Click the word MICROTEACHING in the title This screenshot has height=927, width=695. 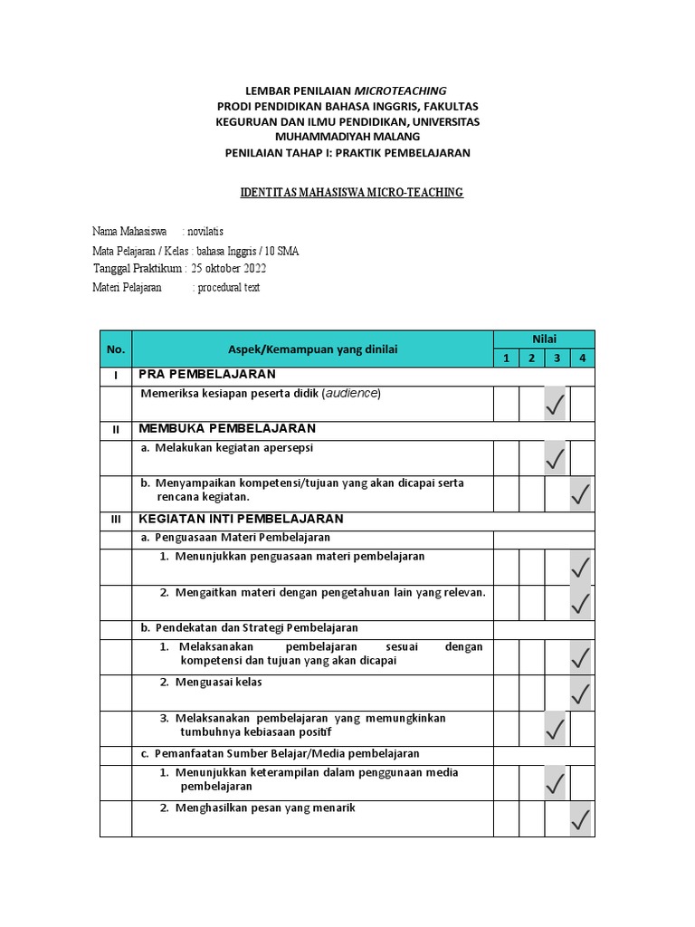(x=400, y=91)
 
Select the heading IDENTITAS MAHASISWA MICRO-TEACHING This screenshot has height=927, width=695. (x=351, y=193)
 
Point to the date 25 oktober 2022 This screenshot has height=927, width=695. (x=229, y=269)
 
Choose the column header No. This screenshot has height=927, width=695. (x=115, y=349)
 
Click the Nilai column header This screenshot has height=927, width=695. (x=544, y=339)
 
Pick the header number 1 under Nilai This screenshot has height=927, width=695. (x=507, y=358)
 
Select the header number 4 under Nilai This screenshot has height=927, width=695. (x=583, y=358)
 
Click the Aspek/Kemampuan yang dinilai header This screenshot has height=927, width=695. (x=312, y=349)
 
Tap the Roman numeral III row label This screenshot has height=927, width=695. (x=115, y=520)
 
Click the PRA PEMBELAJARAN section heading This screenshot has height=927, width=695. (x=207, y=375)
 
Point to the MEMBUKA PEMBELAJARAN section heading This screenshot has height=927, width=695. (x=227, y=428)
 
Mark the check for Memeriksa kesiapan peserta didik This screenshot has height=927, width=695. (x=556, y=405)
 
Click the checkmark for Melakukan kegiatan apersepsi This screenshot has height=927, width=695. (x=556, y=459)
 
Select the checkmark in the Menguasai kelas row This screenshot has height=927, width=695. (x=581, y=694)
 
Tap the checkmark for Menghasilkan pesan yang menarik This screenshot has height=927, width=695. (x=581, y=820)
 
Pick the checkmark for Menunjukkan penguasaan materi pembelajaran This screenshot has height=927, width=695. (x=581, y=568)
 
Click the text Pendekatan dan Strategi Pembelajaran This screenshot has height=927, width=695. (x=257, y=627)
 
